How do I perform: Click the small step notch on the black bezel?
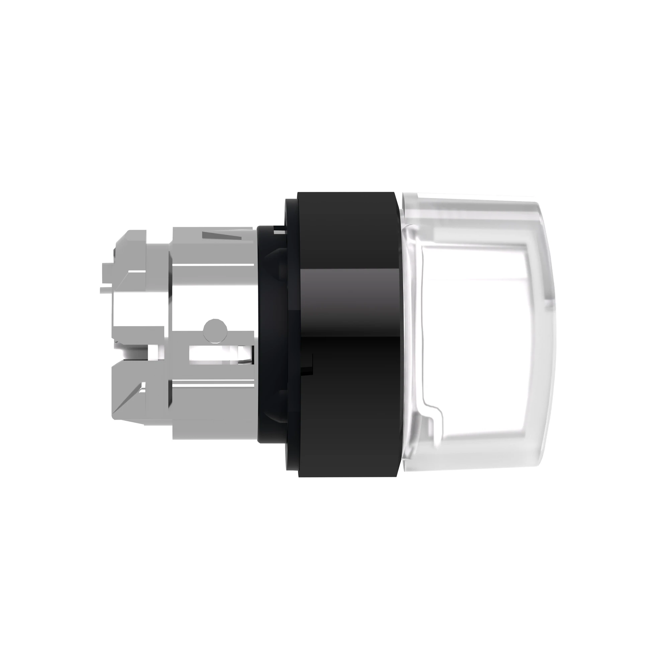309,364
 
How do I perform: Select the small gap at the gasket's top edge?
279,229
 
